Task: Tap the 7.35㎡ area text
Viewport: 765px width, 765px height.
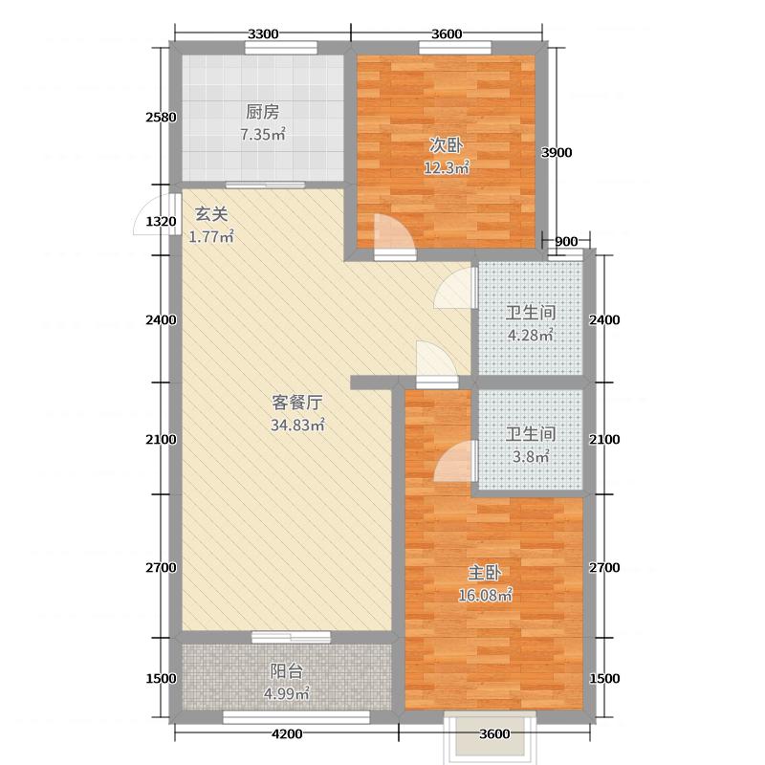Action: point(262,135)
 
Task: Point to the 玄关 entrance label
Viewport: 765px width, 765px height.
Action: point(211,214)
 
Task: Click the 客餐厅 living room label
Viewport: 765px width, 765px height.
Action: point(295,403)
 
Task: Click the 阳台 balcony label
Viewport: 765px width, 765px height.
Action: point(282,670)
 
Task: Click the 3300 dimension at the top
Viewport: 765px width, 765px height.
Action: point(263,34)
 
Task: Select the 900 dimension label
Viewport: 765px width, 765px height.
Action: point(566,241)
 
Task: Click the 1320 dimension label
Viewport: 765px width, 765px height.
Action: point(162,222)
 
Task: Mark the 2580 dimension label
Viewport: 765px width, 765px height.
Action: point(162,118)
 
